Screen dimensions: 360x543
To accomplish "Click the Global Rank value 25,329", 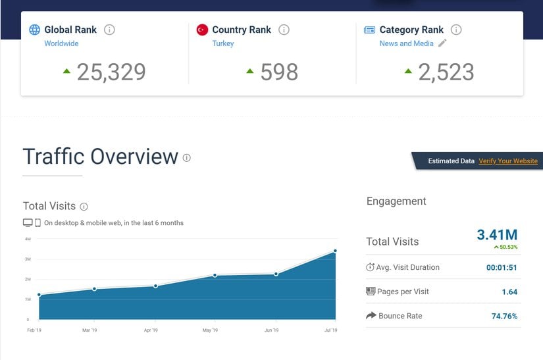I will [x=111, y=72].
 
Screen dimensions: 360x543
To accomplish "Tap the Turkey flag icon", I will [x=202, y=30].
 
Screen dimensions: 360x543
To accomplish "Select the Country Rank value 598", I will [x=279, y=72].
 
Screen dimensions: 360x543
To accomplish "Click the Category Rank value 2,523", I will [x=446, y=72].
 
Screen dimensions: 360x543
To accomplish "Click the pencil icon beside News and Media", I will [x=442, y=43].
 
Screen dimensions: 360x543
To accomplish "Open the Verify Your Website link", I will [x=507, y=161].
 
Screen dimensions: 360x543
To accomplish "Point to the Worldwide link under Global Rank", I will [x=61, y=43].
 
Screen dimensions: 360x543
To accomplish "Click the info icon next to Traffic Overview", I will [x=187, y=158].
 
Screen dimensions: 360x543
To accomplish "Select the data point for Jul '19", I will [x=336, y=251].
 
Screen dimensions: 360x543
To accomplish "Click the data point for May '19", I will [x=215, y=274].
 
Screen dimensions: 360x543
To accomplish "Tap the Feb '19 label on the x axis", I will [x=34, y=330].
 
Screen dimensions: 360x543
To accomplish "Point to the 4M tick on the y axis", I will [x=28, y=239].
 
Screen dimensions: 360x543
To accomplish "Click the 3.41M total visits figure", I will [x=497, y=235].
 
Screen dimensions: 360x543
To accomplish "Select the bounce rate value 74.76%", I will [x=504, y=316].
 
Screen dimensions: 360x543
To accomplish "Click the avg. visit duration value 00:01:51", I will [x=502, y=267].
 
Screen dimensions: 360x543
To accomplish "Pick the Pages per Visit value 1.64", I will [x=509, y=292].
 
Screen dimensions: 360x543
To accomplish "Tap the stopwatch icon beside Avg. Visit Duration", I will [x=371, y=267].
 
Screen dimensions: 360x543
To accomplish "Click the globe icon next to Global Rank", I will [x=34, y=30].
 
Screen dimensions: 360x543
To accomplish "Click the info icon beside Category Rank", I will [x=456, y=30].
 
